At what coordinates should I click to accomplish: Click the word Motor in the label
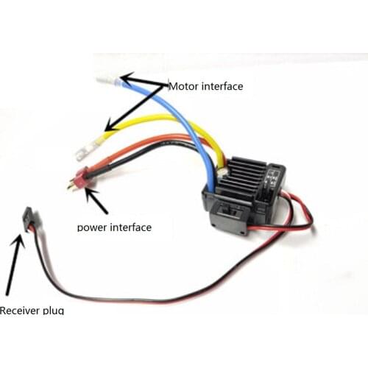[183, 86]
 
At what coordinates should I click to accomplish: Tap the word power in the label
[91, 227]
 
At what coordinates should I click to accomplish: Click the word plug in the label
[54, 311]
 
